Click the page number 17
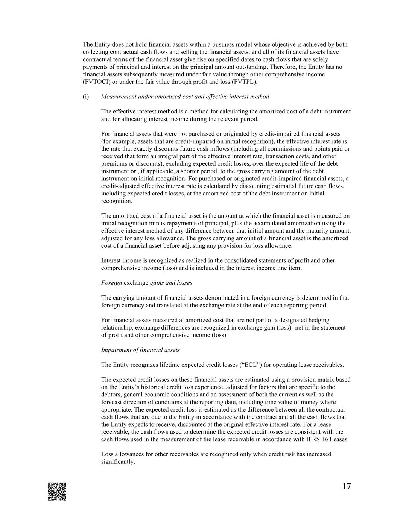(x=346, y=486)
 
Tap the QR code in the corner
(x=57, y=491)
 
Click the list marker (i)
(x=86, y=97)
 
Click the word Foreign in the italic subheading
(x=111, y=283)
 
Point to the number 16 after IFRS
(x=319, y=439)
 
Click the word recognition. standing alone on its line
(x=117, y=201)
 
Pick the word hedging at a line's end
(x=319, y=320)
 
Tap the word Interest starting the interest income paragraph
(x=111, y=260)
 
